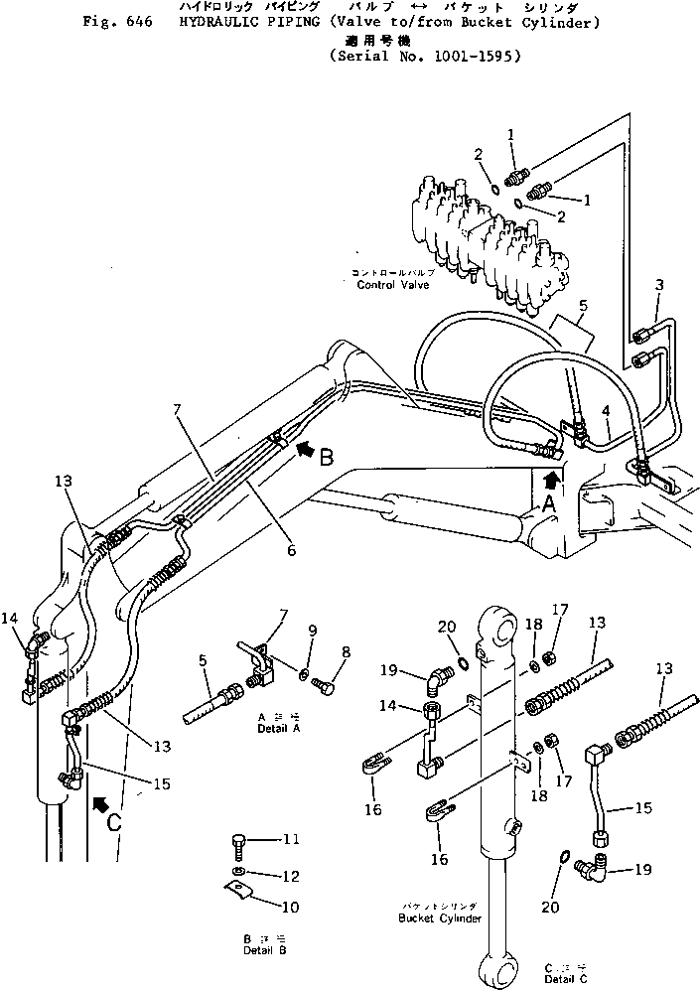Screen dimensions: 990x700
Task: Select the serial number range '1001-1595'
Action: pos(471,57)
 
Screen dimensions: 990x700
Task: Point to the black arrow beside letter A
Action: pos(552,480)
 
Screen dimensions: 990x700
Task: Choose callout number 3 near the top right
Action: pos(659,284)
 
